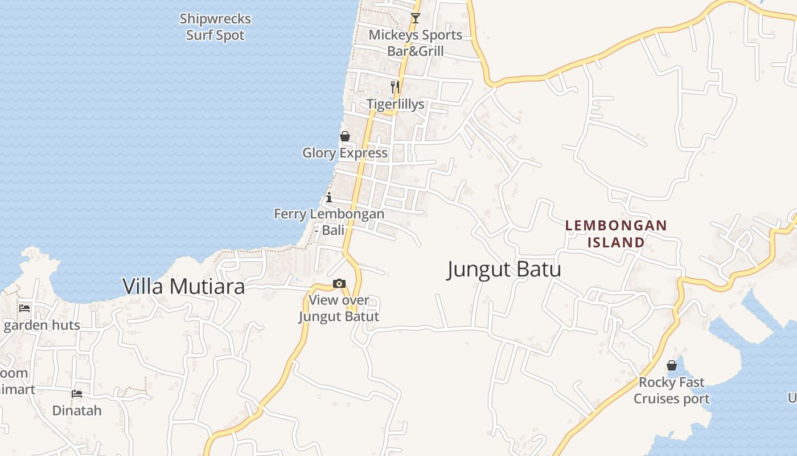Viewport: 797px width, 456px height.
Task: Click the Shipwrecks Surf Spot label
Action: click(215, 27)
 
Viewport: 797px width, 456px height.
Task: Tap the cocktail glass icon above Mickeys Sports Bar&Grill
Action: click(416, 18)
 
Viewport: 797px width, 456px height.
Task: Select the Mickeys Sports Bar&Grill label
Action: click(416, 43)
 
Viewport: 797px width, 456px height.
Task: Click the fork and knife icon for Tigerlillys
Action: click(395, 87)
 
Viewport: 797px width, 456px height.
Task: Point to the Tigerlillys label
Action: click(395, 104)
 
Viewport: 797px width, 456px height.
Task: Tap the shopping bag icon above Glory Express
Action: click(344, 136)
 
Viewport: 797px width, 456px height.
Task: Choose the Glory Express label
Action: click(344, 153)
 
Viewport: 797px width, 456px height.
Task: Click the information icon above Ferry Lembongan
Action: click(329, 198)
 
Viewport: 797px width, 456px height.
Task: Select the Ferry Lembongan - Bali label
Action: click(329, 222)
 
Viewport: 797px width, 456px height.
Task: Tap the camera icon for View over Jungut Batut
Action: click(339, 283)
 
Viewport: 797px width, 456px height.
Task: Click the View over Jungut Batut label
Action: click(339, 308)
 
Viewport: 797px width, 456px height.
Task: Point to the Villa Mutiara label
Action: click(184, 287)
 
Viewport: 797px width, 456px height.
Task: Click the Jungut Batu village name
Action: click(504, 269)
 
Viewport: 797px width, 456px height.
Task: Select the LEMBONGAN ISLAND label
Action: click(616, 234)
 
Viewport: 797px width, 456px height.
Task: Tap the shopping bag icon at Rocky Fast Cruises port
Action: click(672, 365)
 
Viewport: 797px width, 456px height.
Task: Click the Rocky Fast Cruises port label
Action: click(672, 390)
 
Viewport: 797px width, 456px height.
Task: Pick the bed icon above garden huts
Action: click(24, 308)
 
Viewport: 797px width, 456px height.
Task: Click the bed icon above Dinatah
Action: click(77, 394)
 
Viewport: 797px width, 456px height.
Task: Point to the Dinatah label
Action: click(77, 410)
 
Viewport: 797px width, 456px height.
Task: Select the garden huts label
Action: click(42, 325)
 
